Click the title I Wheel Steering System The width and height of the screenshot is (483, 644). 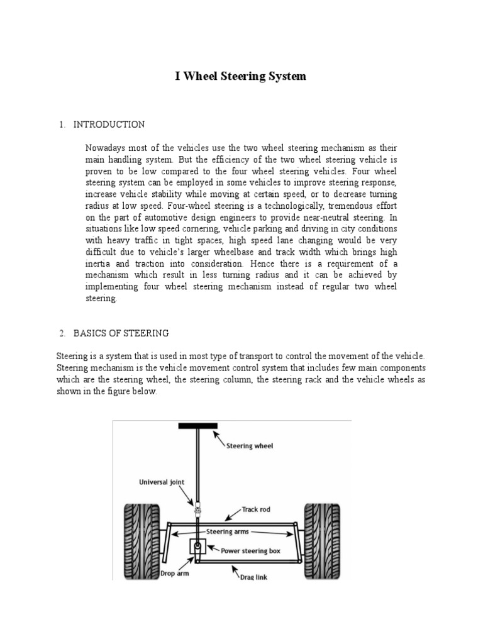click(240, 76)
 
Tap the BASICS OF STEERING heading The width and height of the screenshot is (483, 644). click(121, 333)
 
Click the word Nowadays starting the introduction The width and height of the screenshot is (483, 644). click(105, 148)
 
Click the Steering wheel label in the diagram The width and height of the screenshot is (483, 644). click(250, 446)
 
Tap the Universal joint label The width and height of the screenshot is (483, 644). click(162, 483)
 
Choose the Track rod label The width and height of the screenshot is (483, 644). click(256, 509)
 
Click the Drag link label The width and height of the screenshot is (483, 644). click(254, 577)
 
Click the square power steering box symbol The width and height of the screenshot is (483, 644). click(198, 547)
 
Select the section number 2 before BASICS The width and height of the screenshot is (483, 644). click(62, 333)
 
